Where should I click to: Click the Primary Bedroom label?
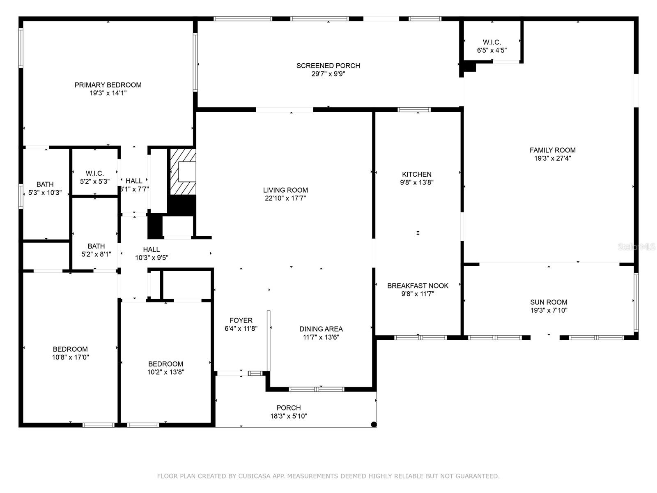pyautogui.click(x=108, y=85)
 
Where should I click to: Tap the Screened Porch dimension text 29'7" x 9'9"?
pyautogui.click(x=328, y=74)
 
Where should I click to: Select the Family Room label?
pyautogui.click(x=552, y=150)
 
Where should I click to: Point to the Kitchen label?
pyautogui.click(x=416, y=174)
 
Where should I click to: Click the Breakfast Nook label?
pyautogui.click(x=418, y=286)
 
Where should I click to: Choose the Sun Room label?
pyautogui.click(x=548, y=302)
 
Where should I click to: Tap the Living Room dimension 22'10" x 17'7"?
pyautogui.click(x=285, y=198)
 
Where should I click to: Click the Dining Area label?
pyautogui.click(x=321, y=329)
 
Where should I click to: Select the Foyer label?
pyautogui.click(x=241, y=320)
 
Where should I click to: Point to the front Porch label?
pyautogui.click(x=288, y=408)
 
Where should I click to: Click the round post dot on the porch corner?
pyautogui.click(x=373, y=424)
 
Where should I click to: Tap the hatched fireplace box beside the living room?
pyautogui.click(x=183, y=172)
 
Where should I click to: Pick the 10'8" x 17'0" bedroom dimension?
pyautogui.click(x=70, y=357)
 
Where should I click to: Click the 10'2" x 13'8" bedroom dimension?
pyautogui.click(x=165, y=372)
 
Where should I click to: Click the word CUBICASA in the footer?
pyautogui.click(x=254, y=476)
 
